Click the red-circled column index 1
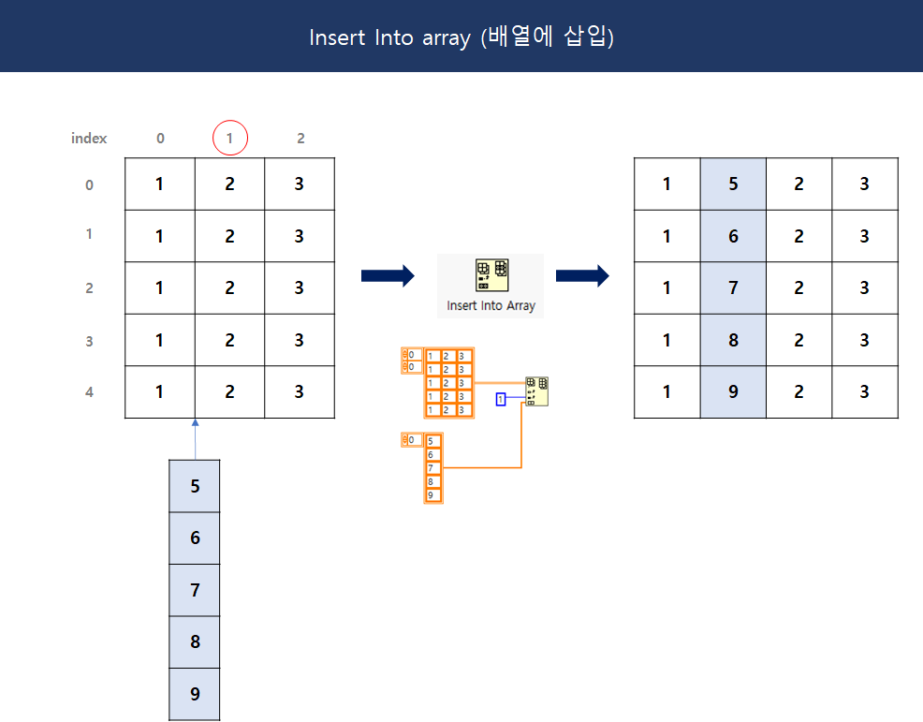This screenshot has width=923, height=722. [229, 139]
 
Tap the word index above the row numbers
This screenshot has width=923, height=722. [89, 139]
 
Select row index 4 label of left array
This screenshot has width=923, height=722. [90, 392]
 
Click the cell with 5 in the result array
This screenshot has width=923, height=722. [733, 184]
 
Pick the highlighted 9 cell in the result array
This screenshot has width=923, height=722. [733, 392]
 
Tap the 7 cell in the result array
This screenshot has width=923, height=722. [733, 287]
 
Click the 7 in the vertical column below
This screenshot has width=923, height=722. [195, 590]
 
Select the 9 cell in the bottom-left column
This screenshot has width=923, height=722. [195, 694]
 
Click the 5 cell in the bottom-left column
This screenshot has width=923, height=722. [195, 486]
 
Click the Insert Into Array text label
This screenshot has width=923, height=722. [491, 305]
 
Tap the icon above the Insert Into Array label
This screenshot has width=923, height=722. [491, 275]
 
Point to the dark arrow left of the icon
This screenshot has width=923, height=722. [387, 275]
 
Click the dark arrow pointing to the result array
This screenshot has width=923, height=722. [582, 275]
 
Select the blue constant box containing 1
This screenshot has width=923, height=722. [501, 400]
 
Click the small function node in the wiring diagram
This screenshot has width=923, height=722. [536, 391]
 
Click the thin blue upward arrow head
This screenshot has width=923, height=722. [195, 424]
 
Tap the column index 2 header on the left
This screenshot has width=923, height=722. [300, 139]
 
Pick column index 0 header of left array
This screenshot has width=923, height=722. [160, 139]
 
